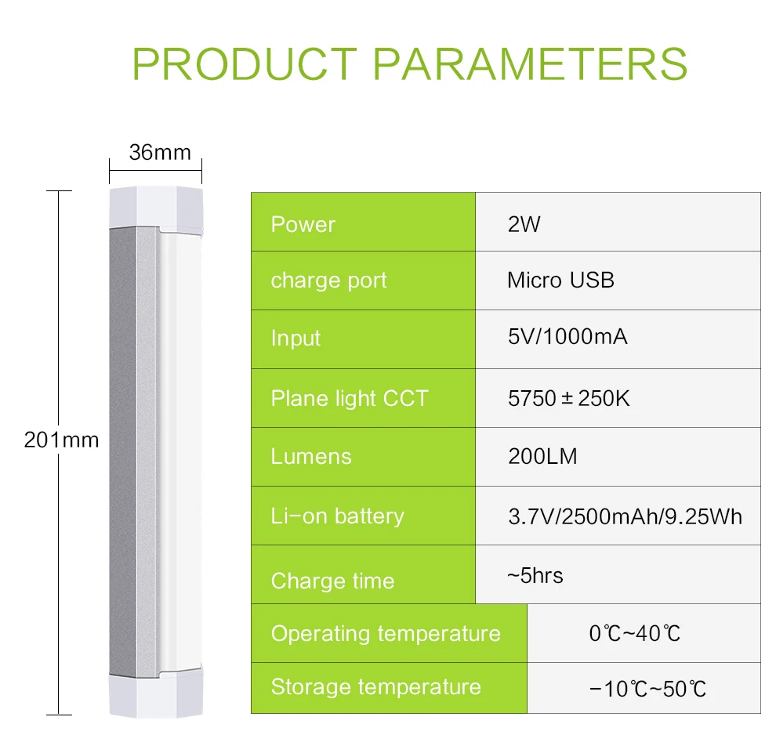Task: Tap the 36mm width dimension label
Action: (160, 151)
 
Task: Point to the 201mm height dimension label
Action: (62, 440)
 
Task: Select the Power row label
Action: (303, 224)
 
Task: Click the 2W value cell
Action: (524, 224)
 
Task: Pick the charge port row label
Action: (328, 281)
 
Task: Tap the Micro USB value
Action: (560, 280)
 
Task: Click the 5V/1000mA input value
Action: (567, 338)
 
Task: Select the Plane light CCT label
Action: (350, 398)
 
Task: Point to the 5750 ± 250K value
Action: (568, 398)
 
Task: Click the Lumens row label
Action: (311, 456)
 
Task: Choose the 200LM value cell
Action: (542, 456)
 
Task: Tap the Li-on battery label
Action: (337, 516)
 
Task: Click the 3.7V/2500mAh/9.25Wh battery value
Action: (625, 516)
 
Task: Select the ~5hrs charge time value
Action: (535, 576)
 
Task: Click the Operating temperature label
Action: (386, 633)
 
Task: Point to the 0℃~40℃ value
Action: (635, 633)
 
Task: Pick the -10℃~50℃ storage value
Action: (647, 689)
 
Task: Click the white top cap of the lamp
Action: (156, 208)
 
